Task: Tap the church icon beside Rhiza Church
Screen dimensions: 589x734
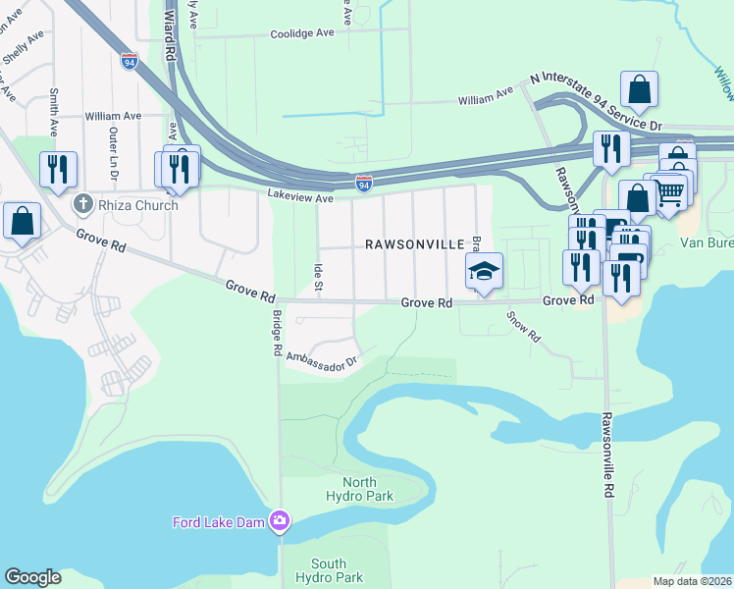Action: pyautogui.click(x=83, y=204)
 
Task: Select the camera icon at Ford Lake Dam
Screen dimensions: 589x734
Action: pyautogui.click(x=281, y=519)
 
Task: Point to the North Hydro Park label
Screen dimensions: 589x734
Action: pyautogui.click(x=373, y=489)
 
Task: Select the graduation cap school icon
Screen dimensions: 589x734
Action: pyautogui.click(x=484, y=272)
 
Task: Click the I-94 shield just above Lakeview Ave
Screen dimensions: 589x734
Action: pyautogui.click(x=364, y=183)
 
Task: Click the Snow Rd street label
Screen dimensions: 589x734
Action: pyautogui.click(x=523, y=327)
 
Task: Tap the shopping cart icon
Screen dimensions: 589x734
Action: pyautogui.click(x=671, y=192)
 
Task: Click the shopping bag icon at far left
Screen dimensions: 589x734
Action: pyautogui.click(x=22, y=222)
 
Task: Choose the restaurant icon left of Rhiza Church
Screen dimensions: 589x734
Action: pyautogui.click(x=58, y=169)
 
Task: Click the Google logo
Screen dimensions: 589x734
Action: pyautogui.click(x=32, y=577)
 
